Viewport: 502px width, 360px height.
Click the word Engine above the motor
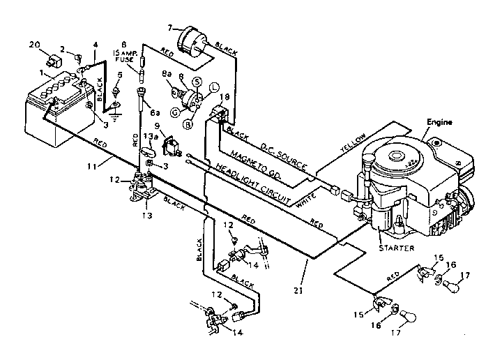pos(440,122)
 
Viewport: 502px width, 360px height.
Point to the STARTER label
pos(396,247)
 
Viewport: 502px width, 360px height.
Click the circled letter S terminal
pos(197,82)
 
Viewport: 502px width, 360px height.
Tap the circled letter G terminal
pos(176,112)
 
